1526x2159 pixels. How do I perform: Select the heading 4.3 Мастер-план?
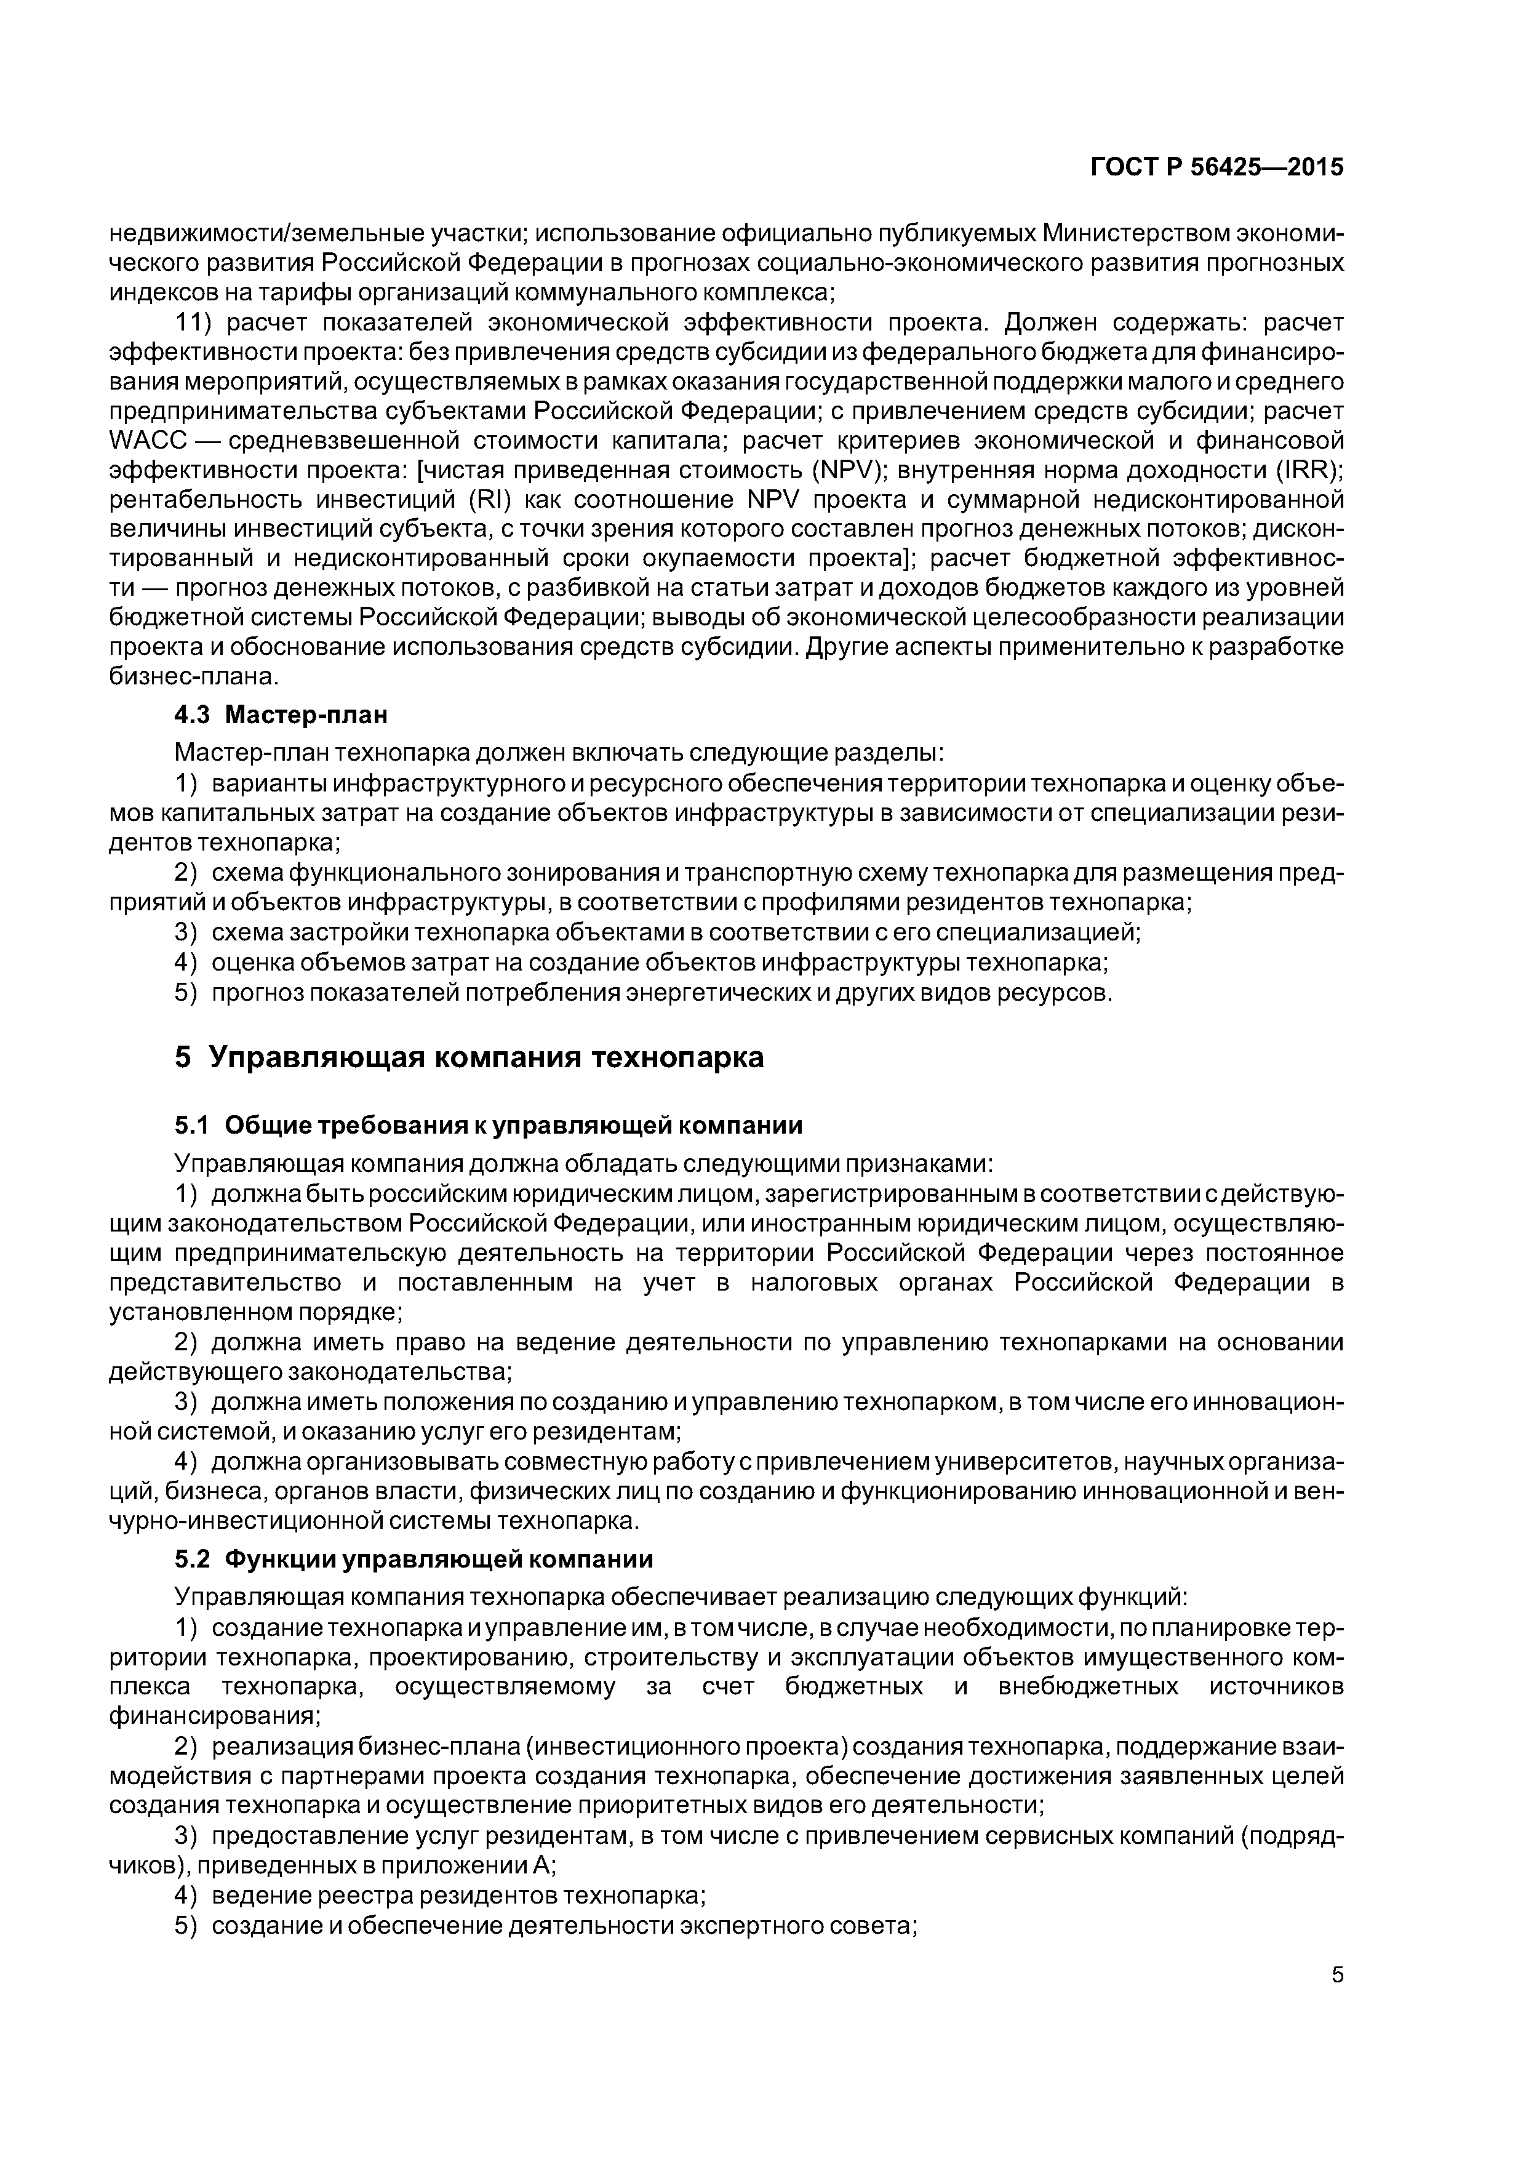click(x=281, y=716)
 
